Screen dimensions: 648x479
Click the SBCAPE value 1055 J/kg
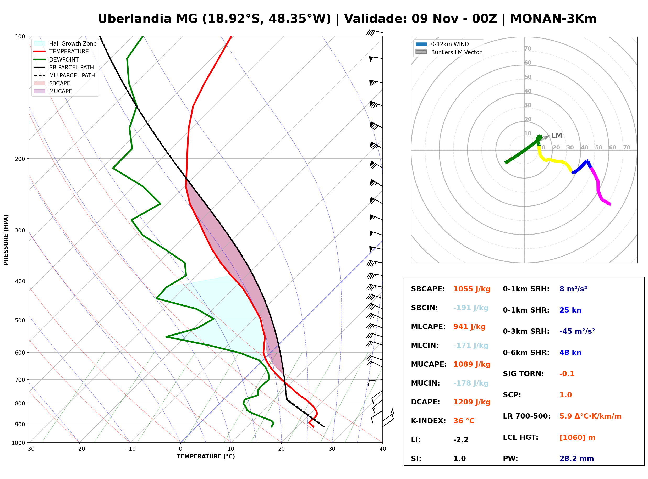pos(472,289)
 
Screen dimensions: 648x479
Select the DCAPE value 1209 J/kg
pos(472,402)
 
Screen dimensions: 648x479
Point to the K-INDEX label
pos(428,421)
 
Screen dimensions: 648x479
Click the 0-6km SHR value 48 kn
pos(570,353)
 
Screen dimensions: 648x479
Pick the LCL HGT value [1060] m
pos(577,438)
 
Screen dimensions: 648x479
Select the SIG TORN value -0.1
pos(567,374)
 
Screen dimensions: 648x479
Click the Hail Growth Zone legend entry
pos(65,43)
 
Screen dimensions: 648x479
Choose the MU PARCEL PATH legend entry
pos(64,75)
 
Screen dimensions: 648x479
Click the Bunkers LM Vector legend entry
pos(448,52)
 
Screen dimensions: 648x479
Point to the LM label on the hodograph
pos(556,135)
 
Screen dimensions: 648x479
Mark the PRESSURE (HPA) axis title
pos(6,240)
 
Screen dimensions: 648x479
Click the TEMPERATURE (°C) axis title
pos(206,457)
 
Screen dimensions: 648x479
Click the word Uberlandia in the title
pos(135,19)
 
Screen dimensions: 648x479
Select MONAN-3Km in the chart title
pos(553,19)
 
